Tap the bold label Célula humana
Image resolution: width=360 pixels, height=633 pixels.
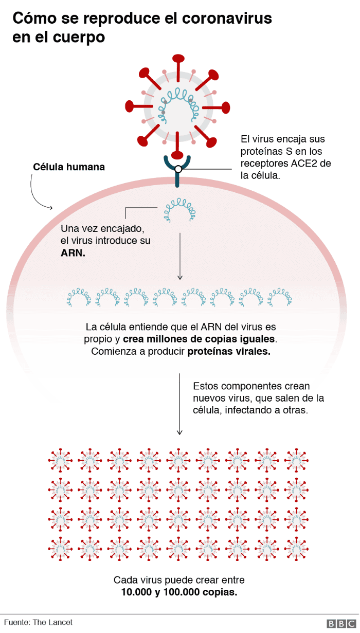(69, 167)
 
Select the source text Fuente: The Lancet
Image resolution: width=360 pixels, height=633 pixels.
(38, 622)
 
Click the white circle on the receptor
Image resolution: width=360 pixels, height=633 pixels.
(178, 169)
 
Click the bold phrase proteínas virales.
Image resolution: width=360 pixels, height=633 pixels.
(228, 352)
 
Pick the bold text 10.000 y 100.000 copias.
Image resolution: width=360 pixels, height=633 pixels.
(179, 592)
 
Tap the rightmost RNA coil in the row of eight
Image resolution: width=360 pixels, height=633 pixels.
(280, 297)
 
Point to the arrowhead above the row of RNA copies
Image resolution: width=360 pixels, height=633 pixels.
(179, 278)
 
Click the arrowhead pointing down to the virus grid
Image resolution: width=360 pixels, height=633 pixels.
(179, 433)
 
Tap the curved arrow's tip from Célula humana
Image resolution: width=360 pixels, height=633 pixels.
(51, 208)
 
